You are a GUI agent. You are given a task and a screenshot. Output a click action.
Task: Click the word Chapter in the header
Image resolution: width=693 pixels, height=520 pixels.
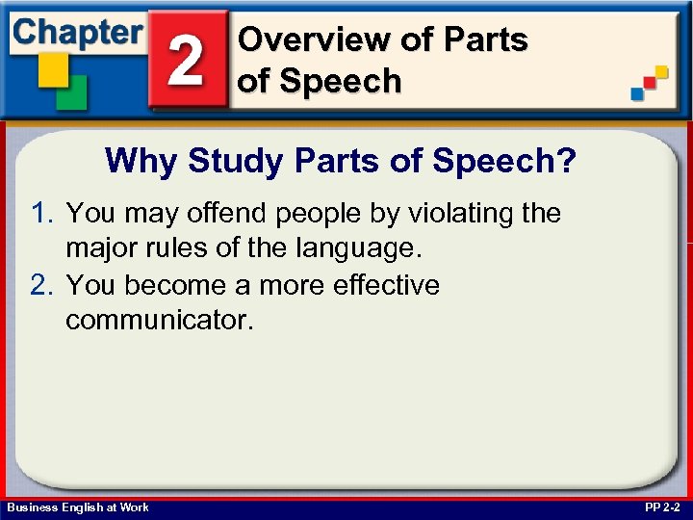pyautogui.click(x=78, y=33)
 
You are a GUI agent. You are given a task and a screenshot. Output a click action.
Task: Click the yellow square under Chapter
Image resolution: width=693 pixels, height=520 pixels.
pyautogui.click(x=52, y=69)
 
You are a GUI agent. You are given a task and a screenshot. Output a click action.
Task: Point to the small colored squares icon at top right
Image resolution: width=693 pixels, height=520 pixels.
pyautogui.click(x=649, y=84)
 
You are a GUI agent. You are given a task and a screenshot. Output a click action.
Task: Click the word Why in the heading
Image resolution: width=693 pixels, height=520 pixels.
pyautogui.click(x=142, y=160)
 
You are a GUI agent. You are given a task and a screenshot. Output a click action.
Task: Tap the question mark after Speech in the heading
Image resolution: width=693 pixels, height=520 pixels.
pyautogui.click(x=567, y=160)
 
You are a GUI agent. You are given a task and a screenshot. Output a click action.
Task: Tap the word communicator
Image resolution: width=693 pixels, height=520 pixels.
pyautogui.click(x=159, y=321)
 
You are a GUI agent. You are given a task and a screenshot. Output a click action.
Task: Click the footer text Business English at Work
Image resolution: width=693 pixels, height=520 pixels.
pyautogui.click(x=78, y=507)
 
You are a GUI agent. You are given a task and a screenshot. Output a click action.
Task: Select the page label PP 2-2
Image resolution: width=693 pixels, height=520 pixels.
pyautogui.click(x=661, y=507)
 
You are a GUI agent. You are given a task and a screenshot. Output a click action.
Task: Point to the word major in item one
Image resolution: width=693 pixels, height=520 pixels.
pyautogui.click(x=101, y=248)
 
